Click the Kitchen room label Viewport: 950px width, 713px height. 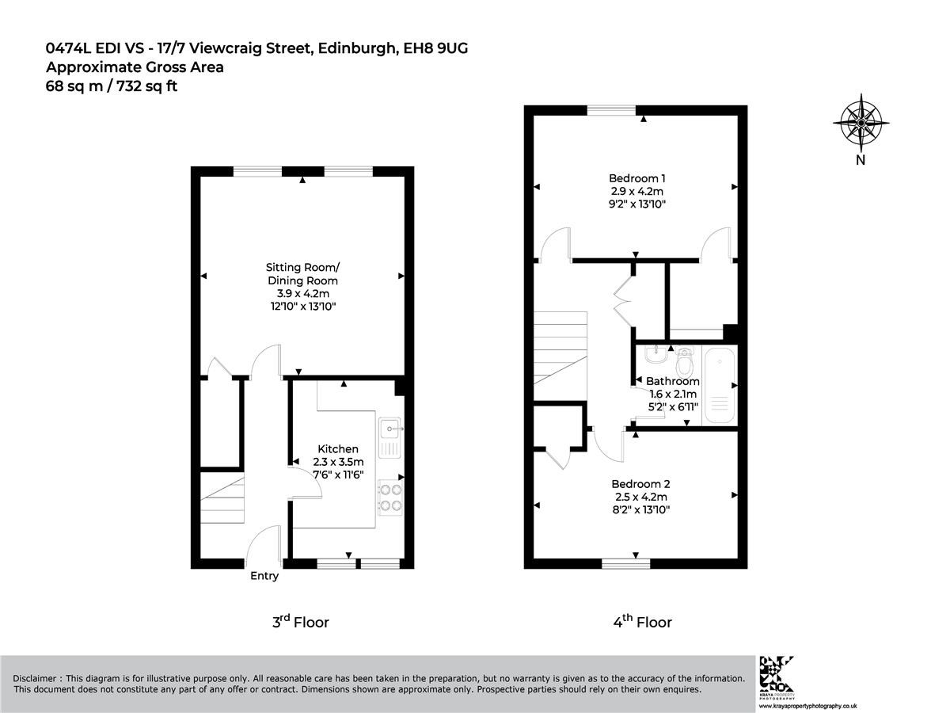[x=337, y=449]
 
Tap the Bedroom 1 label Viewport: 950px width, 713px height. [x=636, y=178]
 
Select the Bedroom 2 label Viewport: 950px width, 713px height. [x=640, y=484]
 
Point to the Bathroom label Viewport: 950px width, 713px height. [x=673, y=381]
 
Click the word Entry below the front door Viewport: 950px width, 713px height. [x=264, y=576]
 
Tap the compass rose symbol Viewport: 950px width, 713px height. [x=861, y=123]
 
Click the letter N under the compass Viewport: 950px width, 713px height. [x=861, y=160]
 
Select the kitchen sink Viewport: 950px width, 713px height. [x=390, y=437]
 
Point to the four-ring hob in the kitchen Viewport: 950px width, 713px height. [x=390, y=497]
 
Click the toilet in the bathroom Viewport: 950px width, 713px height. [x=684, y=362]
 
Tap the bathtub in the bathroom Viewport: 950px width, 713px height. [x=720, y=385]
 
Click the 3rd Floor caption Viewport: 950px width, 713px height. [x=300, y=622]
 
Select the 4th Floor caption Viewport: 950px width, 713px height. [x=642, y=622]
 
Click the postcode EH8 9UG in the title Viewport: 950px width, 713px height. [x=435, y=48]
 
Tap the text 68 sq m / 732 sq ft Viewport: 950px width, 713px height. [x=112, y=86]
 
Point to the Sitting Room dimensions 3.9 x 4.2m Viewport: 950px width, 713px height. [x=303, y=293]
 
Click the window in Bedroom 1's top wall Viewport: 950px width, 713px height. [x=611, y=110]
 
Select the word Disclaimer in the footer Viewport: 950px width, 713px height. [x=34, y=678]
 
